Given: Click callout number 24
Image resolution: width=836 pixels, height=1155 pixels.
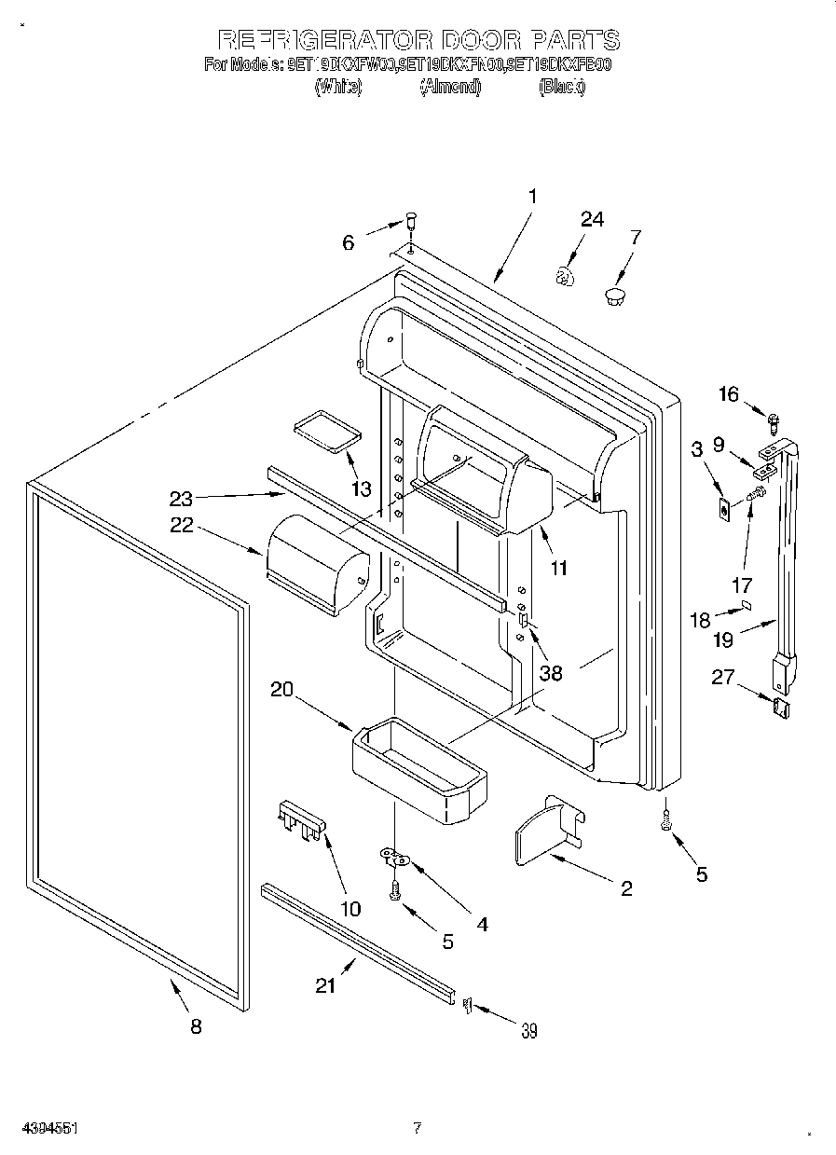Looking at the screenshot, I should pos(592,220).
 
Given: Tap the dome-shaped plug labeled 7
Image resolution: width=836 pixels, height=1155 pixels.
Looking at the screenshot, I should pos(613,297).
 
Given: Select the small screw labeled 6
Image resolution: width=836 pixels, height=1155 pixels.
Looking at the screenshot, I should pos(409,222).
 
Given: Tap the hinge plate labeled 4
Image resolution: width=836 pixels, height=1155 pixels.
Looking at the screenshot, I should pos(395,854).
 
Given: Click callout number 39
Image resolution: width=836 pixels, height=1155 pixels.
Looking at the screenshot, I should pos(528,1030).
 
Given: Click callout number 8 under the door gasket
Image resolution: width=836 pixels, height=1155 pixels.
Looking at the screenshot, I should pos(195,1026).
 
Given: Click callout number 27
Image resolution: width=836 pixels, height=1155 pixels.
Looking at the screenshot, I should pos(722,678).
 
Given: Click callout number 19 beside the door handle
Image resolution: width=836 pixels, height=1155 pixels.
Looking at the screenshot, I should pos(723,639).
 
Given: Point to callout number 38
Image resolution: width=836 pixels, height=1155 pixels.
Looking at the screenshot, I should pos(551,672).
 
